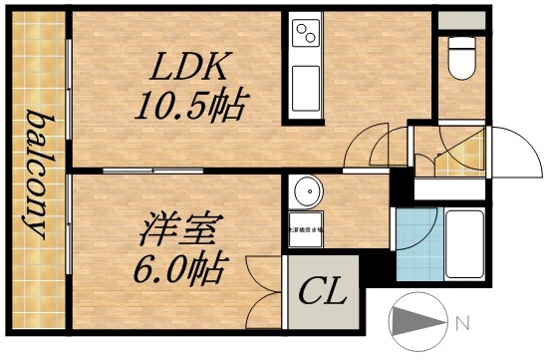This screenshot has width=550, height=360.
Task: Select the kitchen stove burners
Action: click(x=305, y=38)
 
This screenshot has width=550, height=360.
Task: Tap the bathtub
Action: click(x=463, y=243)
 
